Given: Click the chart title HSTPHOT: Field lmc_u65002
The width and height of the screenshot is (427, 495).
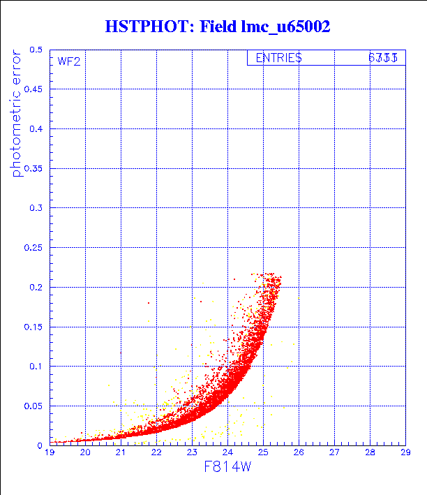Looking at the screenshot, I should click(217, 27).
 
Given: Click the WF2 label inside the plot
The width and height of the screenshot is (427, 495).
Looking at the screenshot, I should click(69, 61).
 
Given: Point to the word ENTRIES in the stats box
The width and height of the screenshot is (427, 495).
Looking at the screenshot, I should click(278, 59).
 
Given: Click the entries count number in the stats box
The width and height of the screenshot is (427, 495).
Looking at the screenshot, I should click(383, 59).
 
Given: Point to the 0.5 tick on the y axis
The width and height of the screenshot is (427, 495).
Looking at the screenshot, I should click(35, 50).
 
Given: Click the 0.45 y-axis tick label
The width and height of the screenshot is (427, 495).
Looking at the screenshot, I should click(33, 89).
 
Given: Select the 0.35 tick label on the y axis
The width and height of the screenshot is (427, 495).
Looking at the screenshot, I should click(33, 168).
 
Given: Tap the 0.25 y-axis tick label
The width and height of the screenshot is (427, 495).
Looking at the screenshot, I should click(33, 248).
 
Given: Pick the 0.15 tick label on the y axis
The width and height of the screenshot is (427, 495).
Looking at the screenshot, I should click(33, 327).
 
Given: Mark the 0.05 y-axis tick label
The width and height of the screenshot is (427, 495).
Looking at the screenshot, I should click(33, 406).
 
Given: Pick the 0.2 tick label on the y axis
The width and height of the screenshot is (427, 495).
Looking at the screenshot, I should click(35, 287).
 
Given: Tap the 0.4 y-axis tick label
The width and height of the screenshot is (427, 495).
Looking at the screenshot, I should click(35, 129).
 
